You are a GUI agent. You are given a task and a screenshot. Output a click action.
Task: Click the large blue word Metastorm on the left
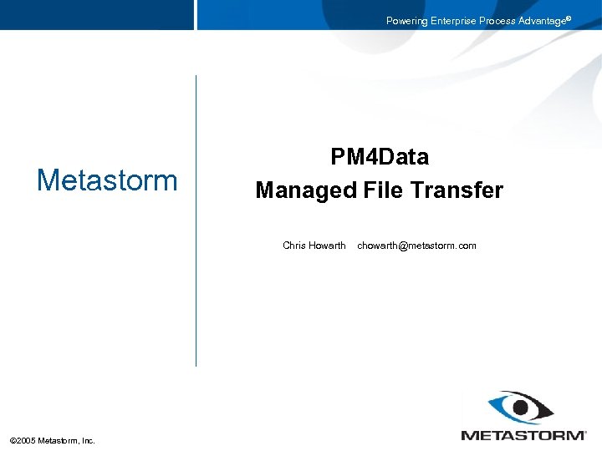[x=107, y=180]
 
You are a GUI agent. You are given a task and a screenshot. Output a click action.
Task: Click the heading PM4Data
[x=380, y=157]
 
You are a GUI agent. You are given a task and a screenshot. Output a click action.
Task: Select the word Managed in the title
[x=306, y=190]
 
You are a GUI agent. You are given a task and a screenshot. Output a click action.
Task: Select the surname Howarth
[x=327, y=246]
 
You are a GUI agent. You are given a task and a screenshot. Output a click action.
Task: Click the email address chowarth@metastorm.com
[x=416, y=246]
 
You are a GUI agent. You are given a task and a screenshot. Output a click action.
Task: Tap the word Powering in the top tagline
[x=407, y=21]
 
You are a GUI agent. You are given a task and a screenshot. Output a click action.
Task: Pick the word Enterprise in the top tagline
[x=455, y=21]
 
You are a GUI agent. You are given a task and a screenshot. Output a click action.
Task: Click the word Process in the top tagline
[x=499, y=21]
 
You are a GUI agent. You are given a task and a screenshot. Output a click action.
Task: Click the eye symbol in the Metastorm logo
[x=521, y=408]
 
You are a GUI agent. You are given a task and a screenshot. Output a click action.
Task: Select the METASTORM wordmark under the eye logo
[x=523, y=434]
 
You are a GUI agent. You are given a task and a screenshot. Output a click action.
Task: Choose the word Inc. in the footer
[x=87, y=440]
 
